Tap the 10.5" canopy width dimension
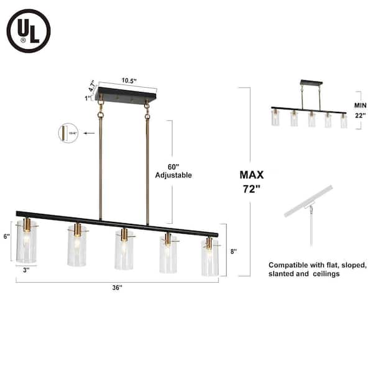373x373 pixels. click(129, 81)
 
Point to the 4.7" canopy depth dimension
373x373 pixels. click(94, 86)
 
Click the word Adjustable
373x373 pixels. click(173, 175)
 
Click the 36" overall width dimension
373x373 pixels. click(117, 287)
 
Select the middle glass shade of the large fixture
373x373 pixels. click(123, 250)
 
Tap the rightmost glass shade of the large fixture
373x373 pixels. click(210, 256)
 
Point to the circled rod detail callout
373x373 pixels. click(68, 133)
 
